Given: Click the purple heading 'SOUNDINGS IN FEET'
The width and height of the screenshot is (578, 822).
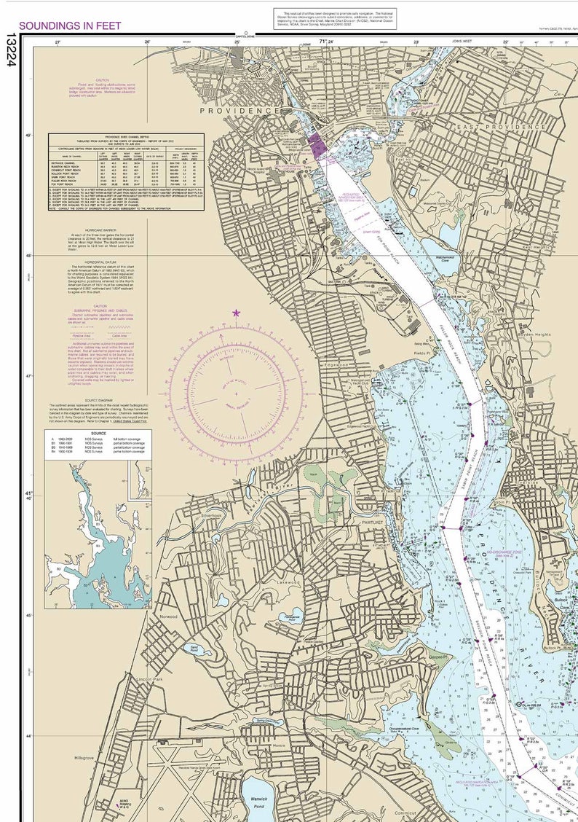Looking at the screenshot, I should point(70,26).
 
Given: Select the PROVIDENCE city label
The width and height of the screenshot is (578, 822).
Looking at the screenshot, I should point(239,110).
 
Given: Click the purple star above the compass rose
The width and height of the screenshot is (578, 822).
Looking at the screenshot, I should point(236,313).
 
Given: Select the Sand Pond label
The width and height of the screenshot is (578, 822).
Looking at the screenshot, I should point(194,647).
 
